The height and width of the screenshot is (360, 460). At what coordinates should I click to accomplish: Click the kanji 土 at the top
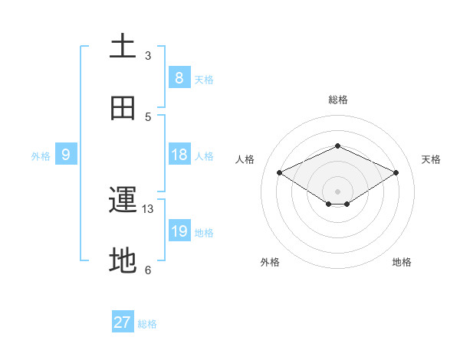123,46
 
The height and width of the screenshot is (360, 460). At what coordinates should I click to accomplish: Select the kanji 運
123,201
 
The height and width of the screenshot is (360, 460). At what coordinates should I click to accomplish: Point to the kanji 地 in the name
123,261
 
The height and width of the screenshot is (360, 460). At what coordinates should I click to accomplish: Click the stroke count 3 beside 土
148,55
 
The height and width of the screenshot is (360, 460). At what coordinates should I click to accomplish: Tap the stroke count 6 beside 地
148,270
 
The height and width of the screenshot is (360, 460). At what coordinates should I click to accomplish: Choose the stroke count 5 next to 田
148,116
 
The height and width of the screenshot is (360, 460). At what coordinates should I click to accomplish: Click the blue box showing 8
179,77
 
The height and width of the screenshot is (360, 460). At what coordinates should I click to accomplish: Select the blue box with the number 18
179,155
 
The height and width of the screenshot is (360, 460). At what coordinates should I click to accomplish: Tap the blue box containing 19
179,231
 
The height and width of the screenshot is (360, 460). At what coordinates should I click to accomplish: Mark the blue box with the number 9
66,155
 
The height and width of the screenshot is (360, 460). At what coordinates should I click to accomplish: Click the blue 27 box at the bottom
123,322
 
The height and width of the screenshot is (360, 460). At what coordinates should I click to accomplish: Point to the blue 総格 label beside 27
147,324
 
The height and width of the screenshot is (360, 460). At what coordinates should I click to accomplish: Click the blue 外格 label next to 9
41,156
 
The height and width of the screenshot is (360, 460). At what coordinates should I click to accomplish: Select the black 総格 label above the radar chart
337,100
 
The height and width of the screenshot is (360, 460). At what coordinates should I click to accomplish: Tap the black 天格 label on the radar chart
431,159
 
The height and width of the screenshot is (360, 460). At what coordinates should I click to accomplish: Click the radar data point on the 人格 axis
280,173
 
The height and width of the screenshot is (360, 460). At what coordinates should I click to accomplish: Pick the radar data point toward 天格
396,173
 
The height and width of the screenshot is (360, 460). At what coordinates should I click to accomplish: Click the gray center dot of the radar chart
337,191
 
